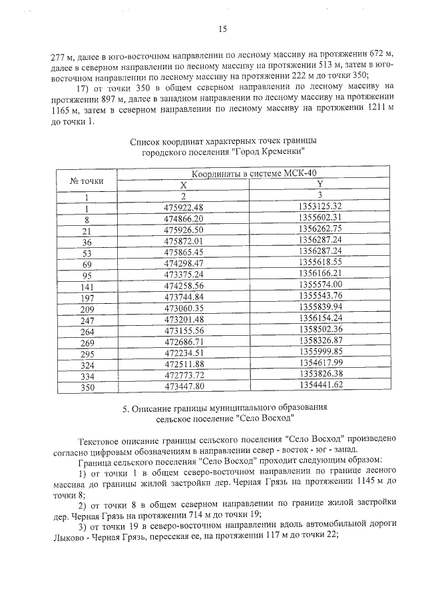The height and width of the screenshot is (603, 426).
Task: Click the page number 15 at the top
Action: [x=222, y=27]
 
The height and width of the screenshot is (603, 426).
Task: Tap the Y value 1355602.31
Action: [x=320, y=217]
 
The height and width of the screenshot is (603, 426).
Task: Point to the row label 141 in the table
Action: [x=86, y=285]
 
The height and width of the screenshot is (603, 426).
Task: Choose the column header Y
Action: [x=320, y=184]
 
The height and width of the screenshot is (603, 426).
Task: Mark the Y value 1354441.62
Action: [x=320, y=385]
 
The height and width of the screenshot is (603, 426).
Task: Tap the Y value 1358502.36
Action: [x=320, y=329]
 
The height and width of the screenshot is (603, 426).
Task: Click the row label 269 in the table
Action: [x=86, y=340]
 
